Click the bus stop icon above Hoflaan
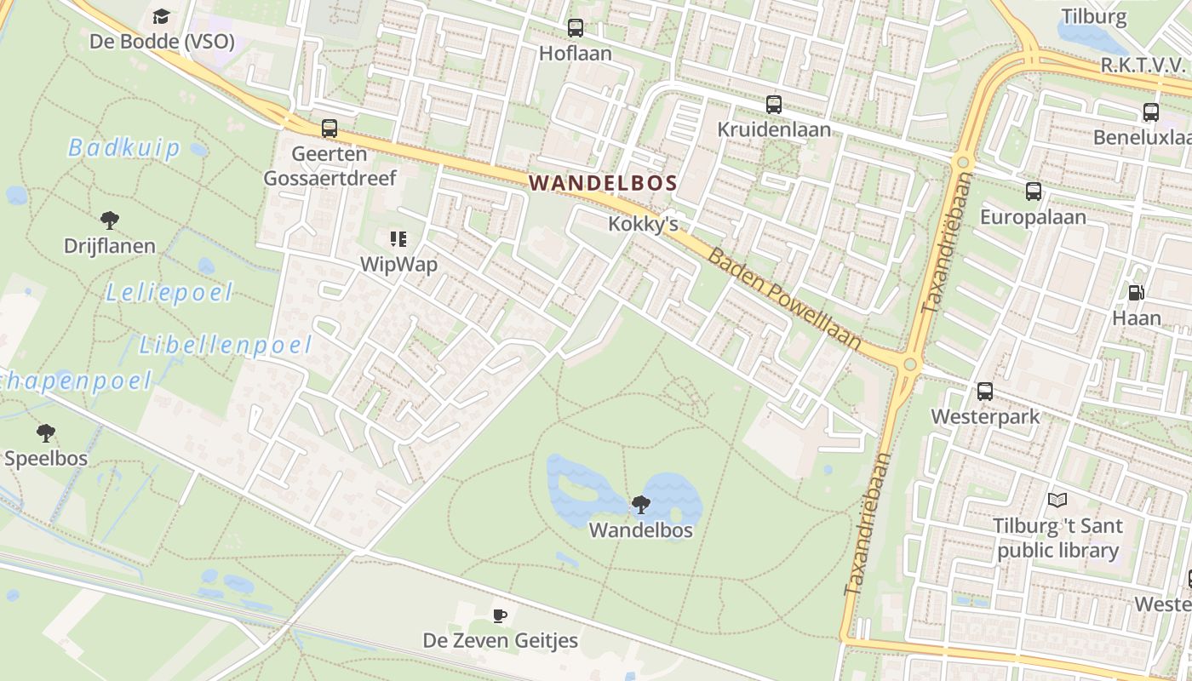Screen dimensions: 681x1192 (x=576, y=28)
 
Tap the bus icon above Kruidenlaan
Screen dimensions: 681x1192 (x=773, y=105)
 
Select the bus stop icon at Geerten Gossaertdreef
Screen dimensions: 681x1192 (x=330, y=129)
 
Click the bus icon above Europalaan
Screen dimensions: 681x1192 (x=1034, y=192)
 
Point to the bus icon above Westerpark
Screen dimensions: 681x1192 (x=985, y=392)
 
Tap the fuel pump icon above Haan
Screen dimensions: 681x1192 (x=1136, y=293)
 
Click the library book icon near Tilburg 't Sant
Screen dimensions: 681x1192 (x=1057, y=500)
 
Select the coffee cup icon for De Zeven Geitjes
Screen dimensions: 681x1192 (x=500, y=615)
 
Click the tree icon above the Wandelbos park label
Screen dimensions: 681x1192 (x=641, y=505)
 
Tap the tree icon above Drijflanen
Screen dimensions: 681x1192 (x=110, y=220)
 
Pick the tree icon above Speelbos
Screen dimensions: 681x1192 (x=46, y=433)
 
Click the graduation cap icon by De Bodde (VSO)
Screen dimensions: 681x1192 (x=161, y=16)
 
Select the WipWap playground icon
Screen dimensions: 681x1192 (x=398, y=239)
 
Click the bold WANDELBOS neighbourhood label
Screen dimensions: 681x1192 (x=603, y=182)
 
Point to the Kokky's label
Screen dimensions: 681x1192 (x=643, y=224)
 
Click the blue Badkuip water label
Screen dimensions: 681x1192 (x=124, y=148)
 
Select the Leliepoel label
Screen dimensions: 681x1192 (x=169, y=294)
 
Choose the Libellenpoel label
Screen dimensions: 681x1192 (x=226, y=345)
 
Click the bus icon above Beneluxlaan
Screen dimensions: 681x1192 (x=1150, y=112)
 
